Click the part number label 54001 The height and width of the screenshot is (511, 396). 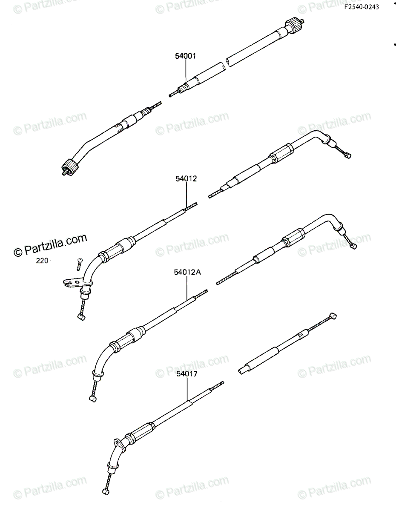[x=185, y=56]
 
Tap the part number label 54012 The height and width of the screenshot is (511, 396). [x=186, y=179]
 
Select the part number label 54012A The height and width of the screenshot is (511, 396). [x=188, y=272]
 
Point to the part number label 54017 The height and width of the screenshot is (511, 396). [x=187, y=374]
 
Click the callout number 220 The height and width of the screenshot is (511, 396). [x=42, y=261]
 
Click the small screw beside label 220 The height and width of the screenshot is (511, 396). [x=80, y=264]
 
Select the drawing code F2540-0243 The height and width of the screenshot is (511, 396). [x=362, y=7]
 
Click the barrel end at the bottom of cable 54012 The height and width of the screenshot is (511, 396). [x=81, y=318]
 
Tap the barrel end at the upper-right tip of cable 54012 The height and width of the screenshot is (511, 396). [x=348, y=155]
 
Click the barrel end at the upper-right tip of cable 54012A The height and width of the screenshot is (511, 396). [x=353, y=246]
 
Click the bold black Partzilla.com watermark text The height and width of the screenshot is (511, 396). [x=51, y=246]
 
